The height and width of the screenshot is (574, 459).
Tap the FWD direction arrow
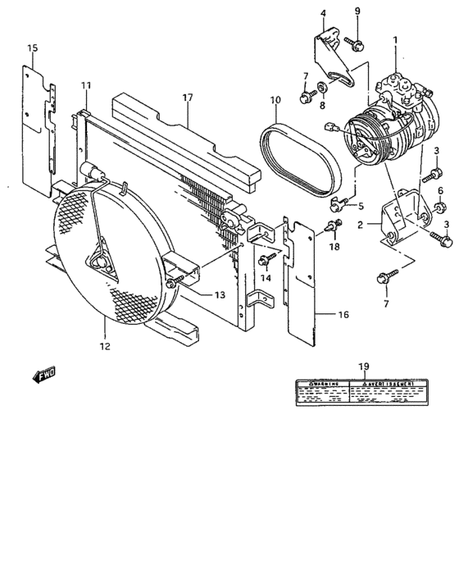[43, 375]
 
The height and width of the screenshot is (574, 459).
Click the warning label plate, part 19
[361, 392]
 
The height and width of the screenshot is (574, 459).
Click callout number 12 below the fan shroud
[104, 346]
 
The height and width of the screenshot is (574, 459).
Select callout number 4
[322, 13]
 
